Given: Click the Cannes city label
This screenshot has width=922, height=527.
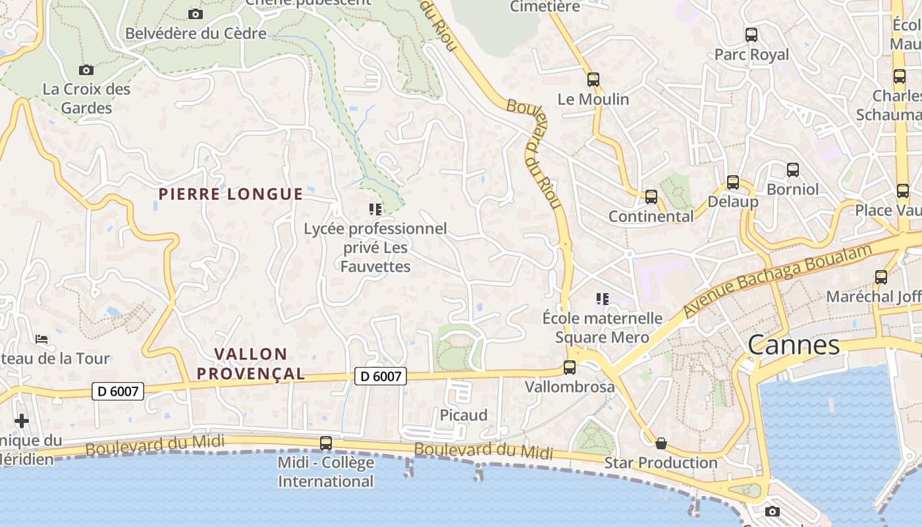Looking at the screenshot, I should (x=794, y=345).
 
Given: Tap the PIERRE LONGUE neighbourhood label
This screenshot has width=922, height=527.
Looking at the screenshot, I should (x=230, y=194).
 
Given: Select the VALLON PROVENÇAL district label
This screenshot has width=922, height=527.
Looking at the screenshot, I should (x=251, y=364).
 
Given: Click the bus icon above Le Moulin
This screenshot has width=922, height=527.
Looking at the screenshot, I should (x=593, y=80).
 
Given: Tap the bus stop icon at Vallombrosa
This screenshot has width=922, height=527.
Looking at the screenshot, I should (x=570, y=368).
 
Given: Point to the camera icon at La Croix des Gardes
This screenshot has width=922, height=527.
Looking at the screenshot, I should (x=86, y=70).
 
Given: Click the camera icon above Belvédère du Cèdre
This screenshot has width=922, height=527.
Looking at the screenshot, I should (x=196, y=14).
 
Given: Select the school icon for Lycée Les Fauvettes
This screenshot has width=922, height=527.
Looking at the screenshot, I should (x=375, y=209).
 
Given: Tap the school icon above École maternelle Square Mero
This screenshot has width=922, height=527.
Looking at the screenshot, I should (x=602, y=299).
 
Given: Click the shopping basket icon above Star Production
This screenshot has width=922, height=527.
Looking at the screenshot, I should (x=661, y=443).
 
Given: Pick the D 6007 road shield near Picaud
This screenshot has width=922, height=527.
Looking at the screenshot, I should (x=381, y=376).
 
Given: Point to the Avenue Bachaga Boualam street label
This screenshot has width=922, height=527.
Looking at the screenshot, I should (x=777, y=279).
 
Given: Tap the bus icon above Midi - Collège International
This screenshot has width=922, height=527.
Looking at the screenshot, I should (x=326, y=443).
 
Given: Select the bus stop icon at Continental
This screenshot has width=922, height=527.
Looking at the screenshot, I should (x=651, y=196).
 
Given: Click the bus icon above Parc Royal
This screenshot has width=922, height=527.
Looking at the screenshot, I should (x=751, y=35).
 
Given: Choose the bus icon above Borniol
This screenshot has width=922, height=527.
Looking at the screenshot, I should (x=793, y=170).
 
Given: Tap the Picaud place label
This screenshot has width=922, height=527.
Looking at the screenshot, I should (x=464, y=415).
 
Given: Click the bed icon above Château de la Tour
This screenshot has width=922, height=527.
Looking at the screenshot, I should (x=41, y=339).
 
